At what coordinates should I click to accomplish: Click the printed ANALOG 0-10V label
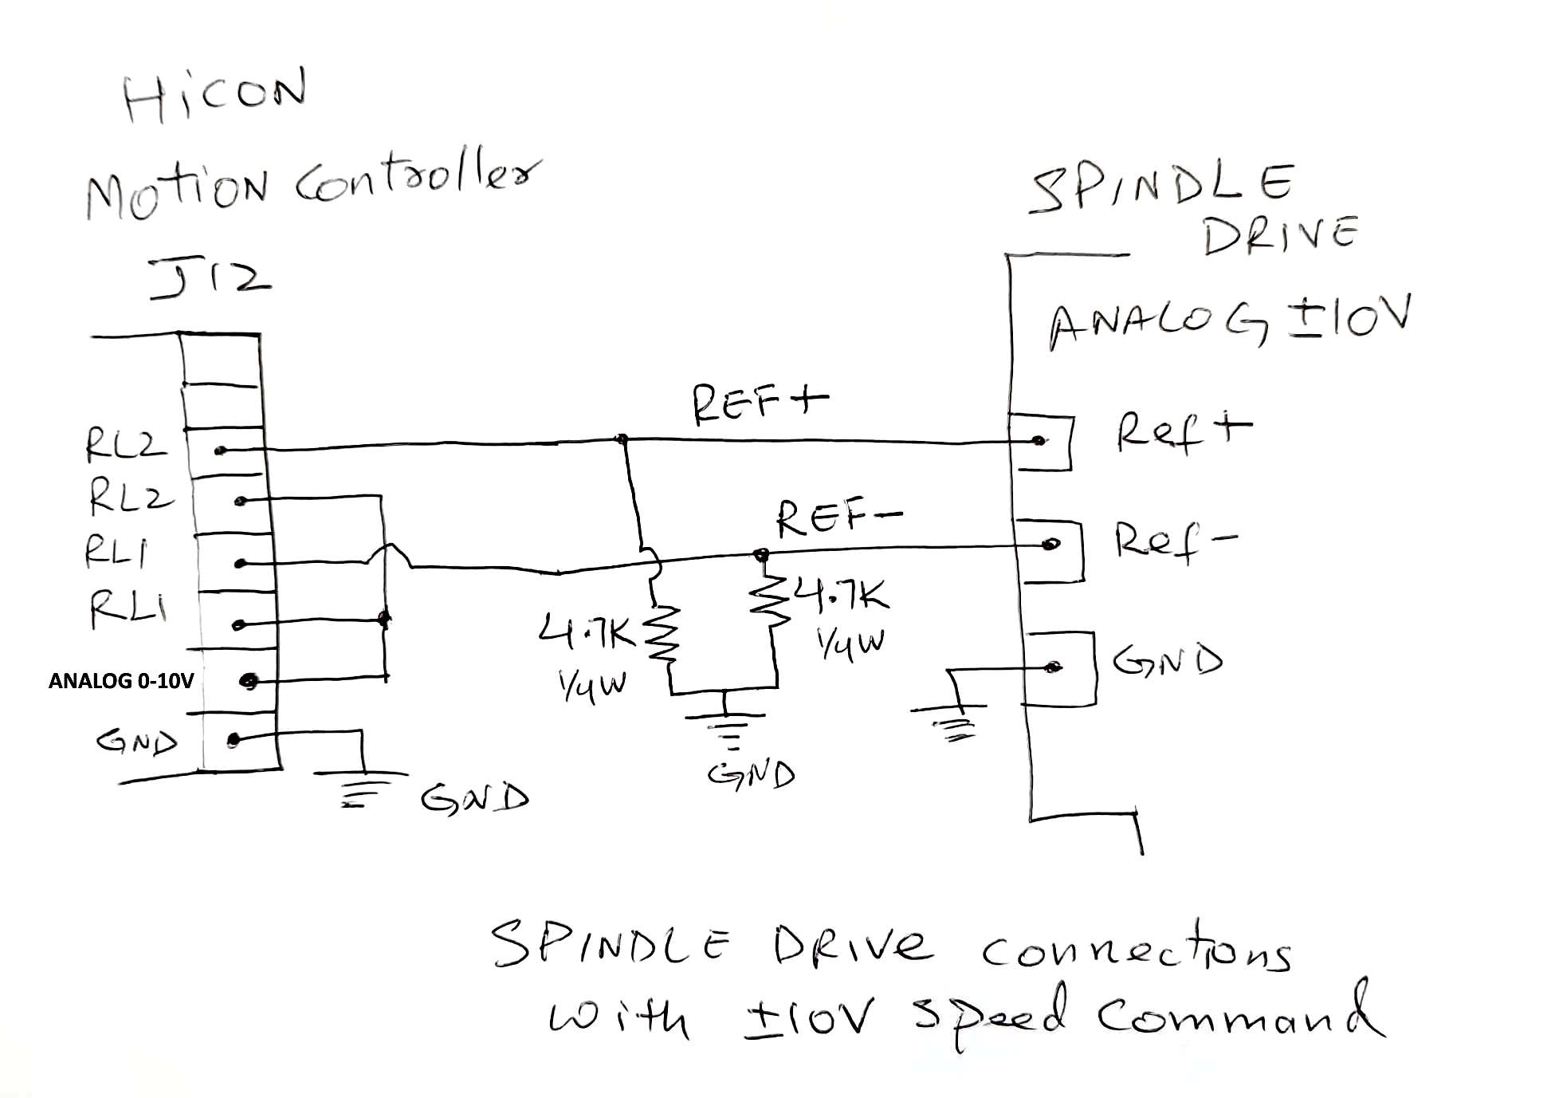(x=121, y=681)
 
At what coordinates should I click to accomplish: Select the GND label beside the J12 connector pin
(x=136, y=742)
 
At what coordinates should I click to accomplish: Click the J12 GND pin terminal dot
(x=233, y=741)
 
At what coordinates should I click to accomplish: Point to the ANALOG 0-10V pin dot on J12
(x=249, y=681)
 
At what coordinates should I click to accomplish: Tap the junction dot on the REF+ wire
(x=622, y=439)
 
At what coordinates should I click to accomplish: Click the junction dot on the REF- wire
(x=761, y=553)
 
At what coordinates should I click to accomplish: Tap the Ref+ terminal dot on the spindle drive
(x=1038, y=440)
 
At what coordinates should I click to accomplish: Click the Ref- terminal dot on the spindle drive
(x=1051, y=545)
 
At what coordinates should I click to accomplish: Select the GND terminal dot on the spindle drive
(x=1053, y=667)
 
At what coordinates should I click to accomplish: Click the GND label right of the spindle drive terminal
(x=1168, y=660)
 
